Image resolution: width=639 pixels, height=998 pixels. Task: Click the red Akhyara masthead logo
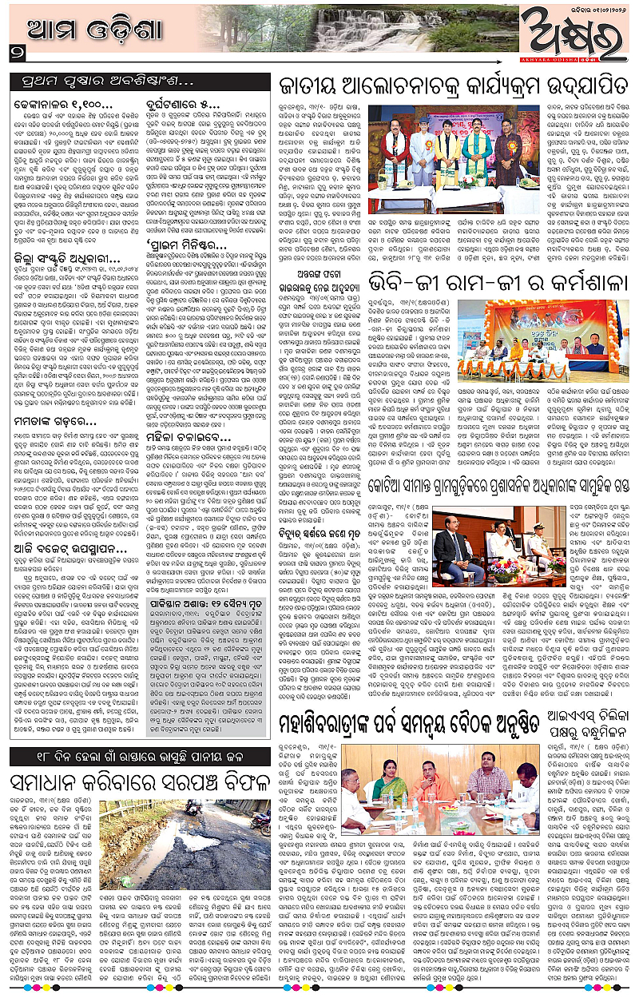tap(571, 38)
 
